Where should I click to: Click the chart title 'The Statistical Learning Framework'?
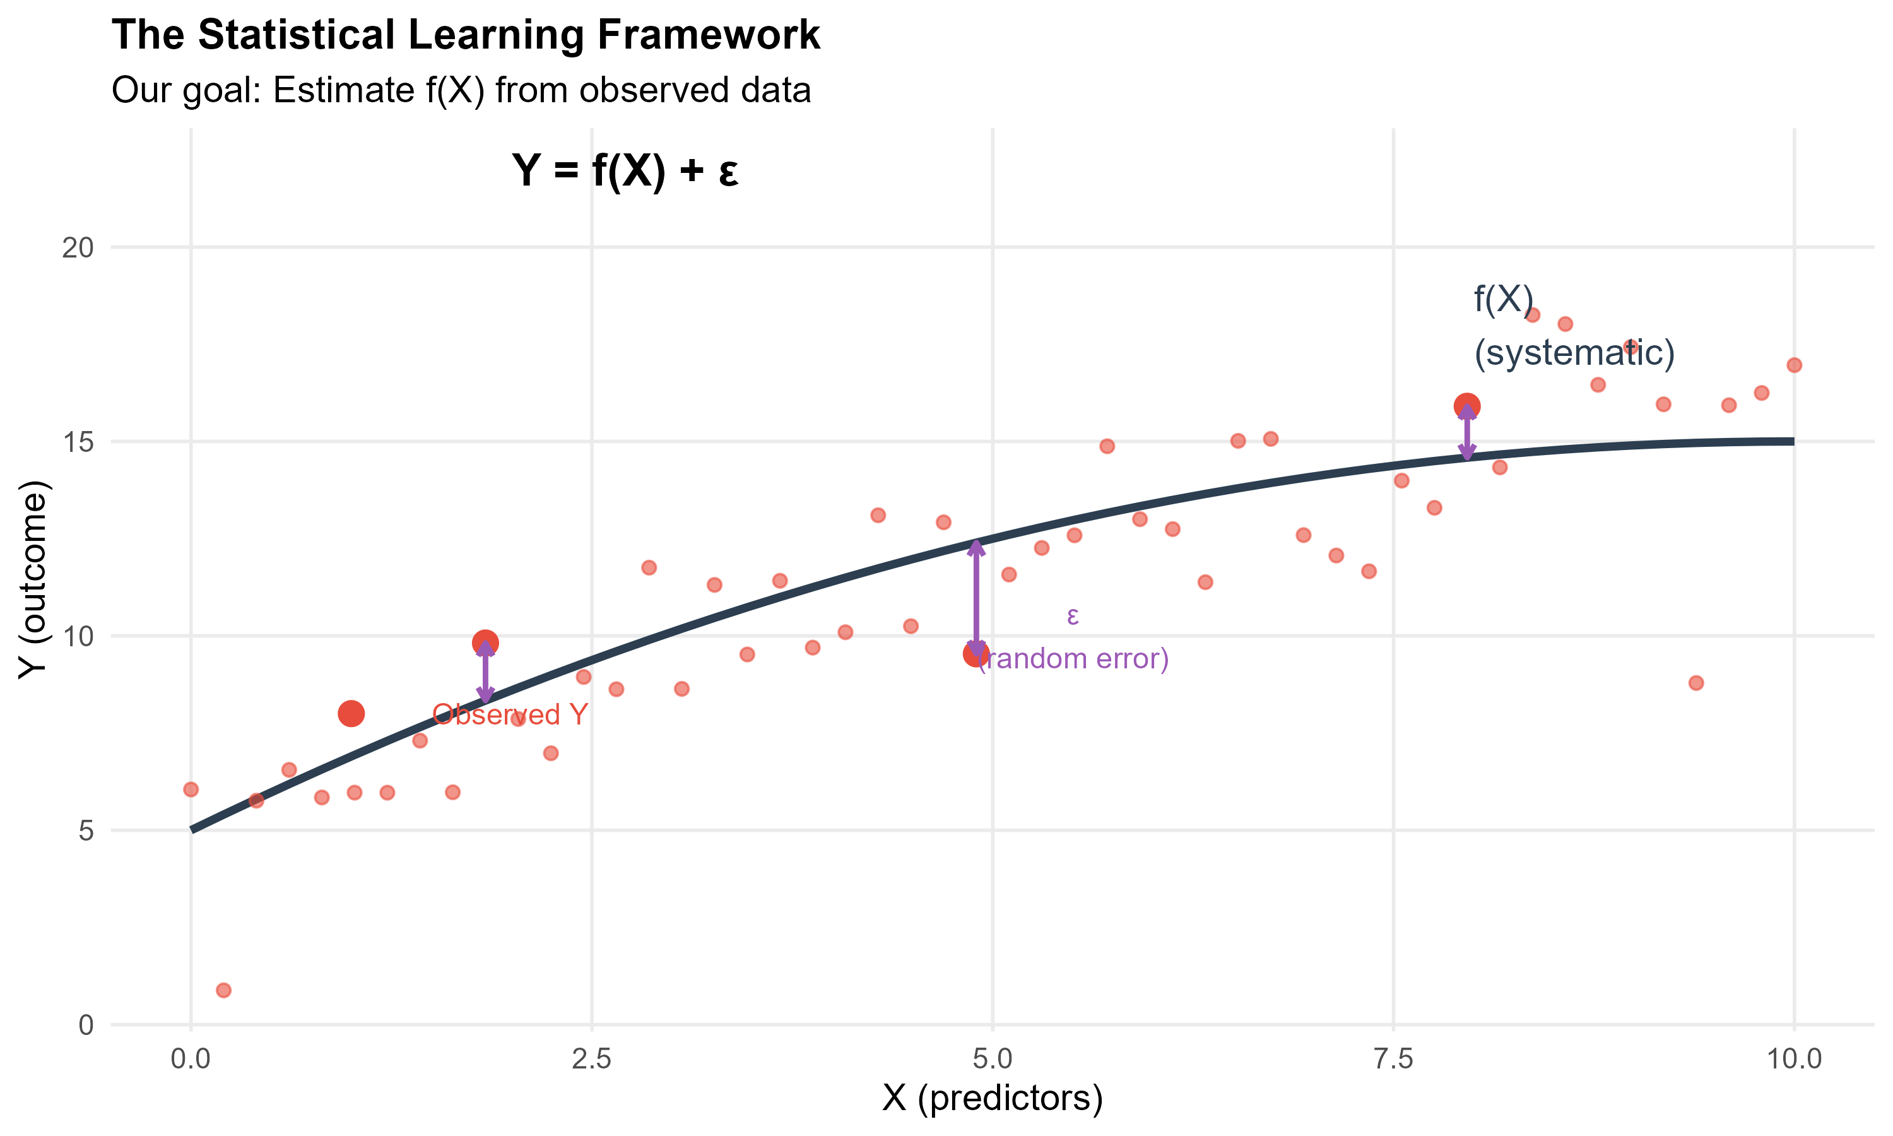pos(465,35)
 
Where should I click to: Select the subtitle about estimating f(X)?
pos(461,90)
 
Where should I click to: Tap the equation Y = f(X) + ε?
pos(625,170)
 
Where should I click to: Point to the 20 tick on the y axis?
pos(77,247)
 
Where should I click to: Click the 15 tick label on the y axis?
pos(77,442)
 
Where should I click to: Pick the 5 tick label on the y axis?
pos(86,831)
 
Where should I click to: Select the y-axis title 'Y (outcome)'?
pos(33,579)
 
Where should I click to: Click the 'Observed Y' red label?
pos(510,715)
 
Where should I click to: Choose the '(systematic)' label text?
pos(1574,353)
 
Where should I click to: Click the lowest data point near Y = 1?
pos(223,991)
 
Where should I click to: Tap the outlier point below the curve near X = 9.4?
pos(1696,683)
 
